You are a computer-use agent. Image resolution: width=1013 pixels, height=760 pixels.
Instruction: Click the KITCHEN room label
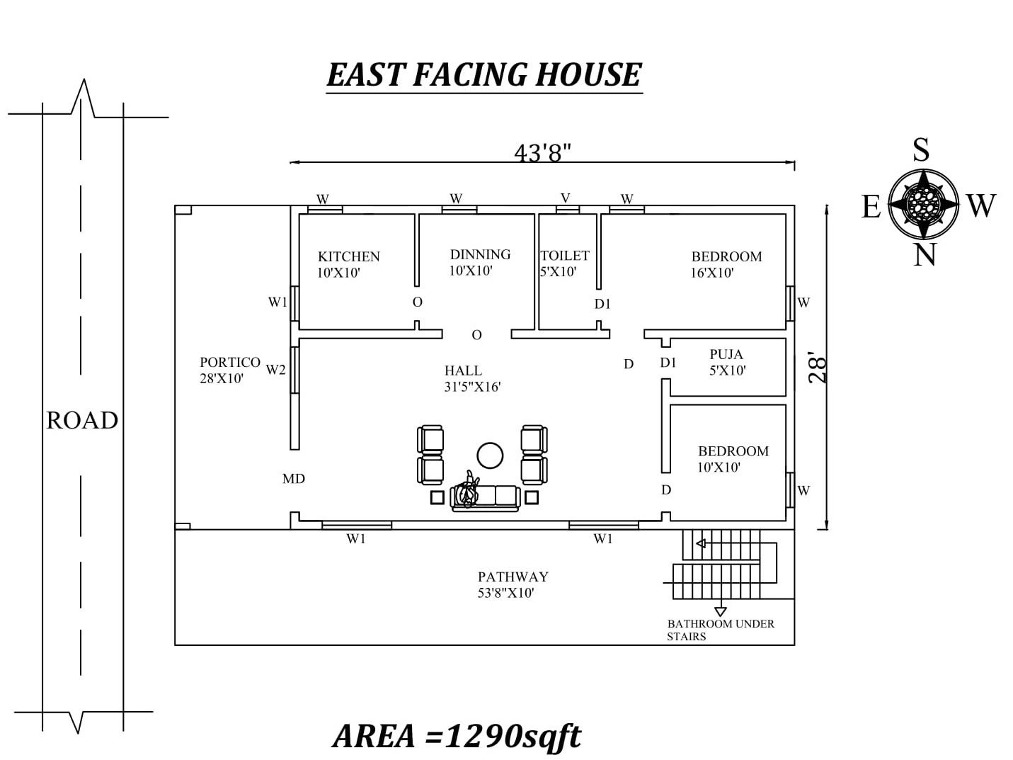(x=348, y=256)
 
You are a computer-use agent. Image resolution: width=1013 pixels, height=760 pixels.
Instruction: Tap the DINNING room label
(x=480, y=254)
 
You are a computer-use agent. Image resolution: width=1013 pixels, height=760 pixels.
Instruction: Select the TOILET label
(x=565, y=255)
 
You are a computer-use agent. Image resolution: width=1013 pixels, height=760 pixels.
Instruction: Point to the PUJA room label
(x=726, y=354)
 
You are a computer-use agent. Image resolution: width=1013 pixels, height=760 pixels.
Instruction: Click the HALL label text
(x=463, y=370)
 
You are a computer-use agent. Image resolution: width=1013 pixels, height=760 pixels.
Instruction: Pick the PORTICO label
(x=230, y=362)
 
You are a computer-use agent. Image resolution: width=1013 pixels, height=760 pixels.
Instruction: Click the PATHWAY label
(x=513, y=577)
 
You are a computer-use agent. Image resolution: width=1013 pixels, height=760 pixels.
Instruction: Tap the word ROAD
(x=82, y=420)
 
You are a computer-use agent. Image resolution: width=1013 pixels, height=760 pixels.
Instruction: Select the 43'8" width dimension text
(x=542, y=152)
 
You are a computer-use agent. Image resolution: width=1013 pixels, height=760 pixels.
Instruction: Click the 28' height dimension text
(x=817, y=368)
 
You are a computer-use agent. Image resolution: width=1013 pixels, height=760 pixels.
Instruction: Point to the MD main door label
(x=294, y=479)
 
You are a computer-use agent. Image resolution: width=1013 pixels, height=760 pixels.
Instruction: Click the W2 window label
(x=275, y=370)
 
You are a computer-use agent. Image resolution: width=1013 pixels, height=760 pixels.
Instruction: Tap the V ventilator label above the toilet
(x=566, y=198)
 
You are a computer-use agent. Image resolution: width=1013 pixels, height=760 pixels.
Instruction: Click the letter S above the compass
(x=921, y=149)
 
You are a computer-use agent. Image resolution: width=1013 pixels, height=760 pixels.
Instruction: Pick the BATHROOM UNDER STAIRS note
(x=721, y=630)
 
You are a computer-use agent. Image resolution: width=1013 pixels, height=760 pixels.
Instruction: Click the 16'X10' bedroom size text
(x=711, y=273)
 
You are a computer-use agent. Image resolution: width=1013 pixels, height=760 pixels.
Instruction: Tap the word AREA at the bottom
(x=374, y=736)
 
